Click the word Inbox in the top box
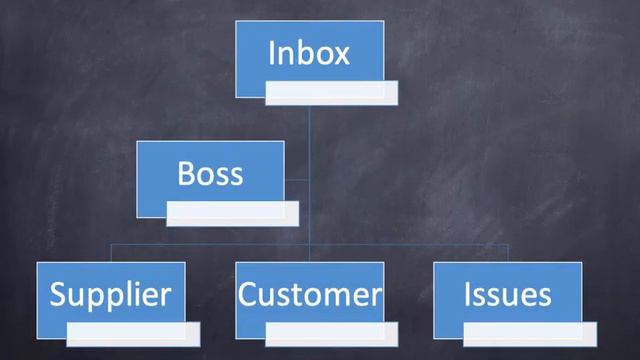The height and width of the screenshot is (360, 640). pyautogui.click(x=309, y=52)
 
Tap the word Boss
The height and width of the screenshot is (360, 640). pyautogui.click(x=210, y=173)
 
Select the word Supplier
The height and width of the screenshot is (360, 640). pyautogui.click(x=110, y=294)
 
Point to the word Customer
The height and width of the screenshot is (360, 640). pyautogui.click(x=310, y=294)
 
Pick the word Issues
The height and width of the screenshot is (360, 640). pyautogui.click(x=508, y=294)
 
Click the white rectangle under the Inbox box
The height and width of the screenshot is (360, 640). pyautogui.click(x=331, y=93)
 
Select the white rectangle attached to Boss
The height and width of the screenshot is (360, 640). pyautogui.click(x=232, y=211)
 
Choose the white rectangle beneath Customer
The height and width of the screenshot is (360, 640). pyautogui.click(x=331, y=332)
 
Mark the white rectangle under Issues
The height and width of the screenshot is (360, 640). pyautogui.click(x=530, y=332)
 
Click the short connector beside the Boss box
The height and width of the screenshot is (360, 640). pyautogui.click(x=297, y=180)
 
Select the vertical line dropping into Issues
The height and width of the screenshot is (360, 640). pyautogui.click(x=508, y=253)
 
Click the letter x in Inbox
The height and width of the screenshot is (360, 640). pyautogui.click(x=342, y=52)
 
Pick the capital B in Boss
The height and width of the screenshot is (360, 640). pyautogui.click(x=186, y=173)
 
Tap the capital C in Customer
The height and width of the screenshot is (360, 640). pyautogui.click(x=248, y=294)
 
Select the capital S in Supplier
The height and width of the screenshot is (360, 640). pyautogui.click(x=58, y=294)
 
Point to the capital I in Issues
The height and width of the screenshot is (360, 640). pyautogui.click(x=468, y=294)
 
